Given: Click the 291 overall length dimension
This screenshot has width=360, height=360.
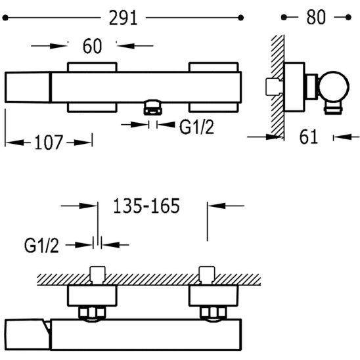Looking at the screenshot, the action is [x=124, y=18].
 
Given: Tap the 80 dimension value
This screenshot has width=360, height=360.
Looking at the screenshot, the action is [x=316, y=17].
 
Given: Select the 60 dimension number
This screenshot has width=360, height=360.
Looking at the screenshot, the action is [x=92, y=46].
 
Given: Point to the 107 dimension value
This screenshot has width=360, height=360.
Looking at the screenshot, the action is [x=49, y=143].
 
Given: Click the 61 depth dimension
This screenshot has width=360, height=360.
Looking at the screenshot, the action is [x=309, y=137].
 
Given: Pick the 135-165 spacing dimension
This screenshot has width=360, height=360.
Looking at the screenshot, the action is [x=146, y=206].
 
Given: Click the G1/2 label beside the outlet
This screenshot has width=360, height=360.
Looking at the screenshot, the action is [x=196, y=127].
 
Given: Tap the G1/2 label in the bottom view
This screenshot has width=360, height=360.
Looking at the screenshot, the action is [x=41, y=246].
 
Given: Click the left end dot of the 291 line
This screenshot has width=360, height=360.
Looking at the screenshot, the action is [x=5, y=18].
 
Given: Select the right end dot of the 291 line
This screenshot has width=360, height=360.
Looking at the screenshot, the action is [x=240, y=18].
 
